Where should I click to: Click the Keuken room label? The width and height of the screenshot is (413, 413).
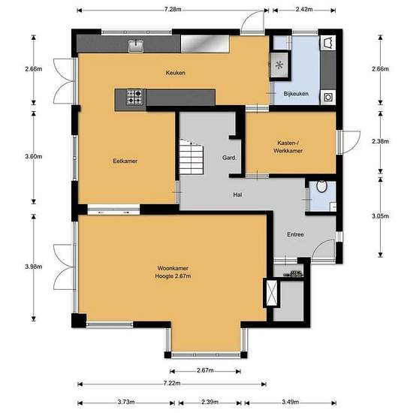[x=176, y=73]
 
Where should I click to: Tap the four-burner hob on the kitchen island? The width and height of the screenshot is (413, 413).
[x=134, y=96]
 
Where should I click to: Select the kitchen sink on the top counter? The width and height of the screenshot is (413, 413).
[x=136, y=46]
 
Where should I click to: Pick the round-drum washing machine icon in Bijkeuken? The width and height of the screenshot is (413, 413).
[x=327, y=95]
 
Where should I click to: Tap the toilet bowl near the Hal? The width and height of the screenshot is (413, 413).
[x=321, y=187]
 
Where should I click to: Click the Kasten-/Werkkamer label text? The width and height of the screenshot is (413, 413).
[x=289, y=146]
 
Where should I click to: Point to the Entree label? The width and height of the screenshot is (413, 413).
[x=295, y=234]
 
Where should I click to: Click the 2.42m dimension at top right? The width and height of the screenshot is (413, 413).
[x=303, y=9]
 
